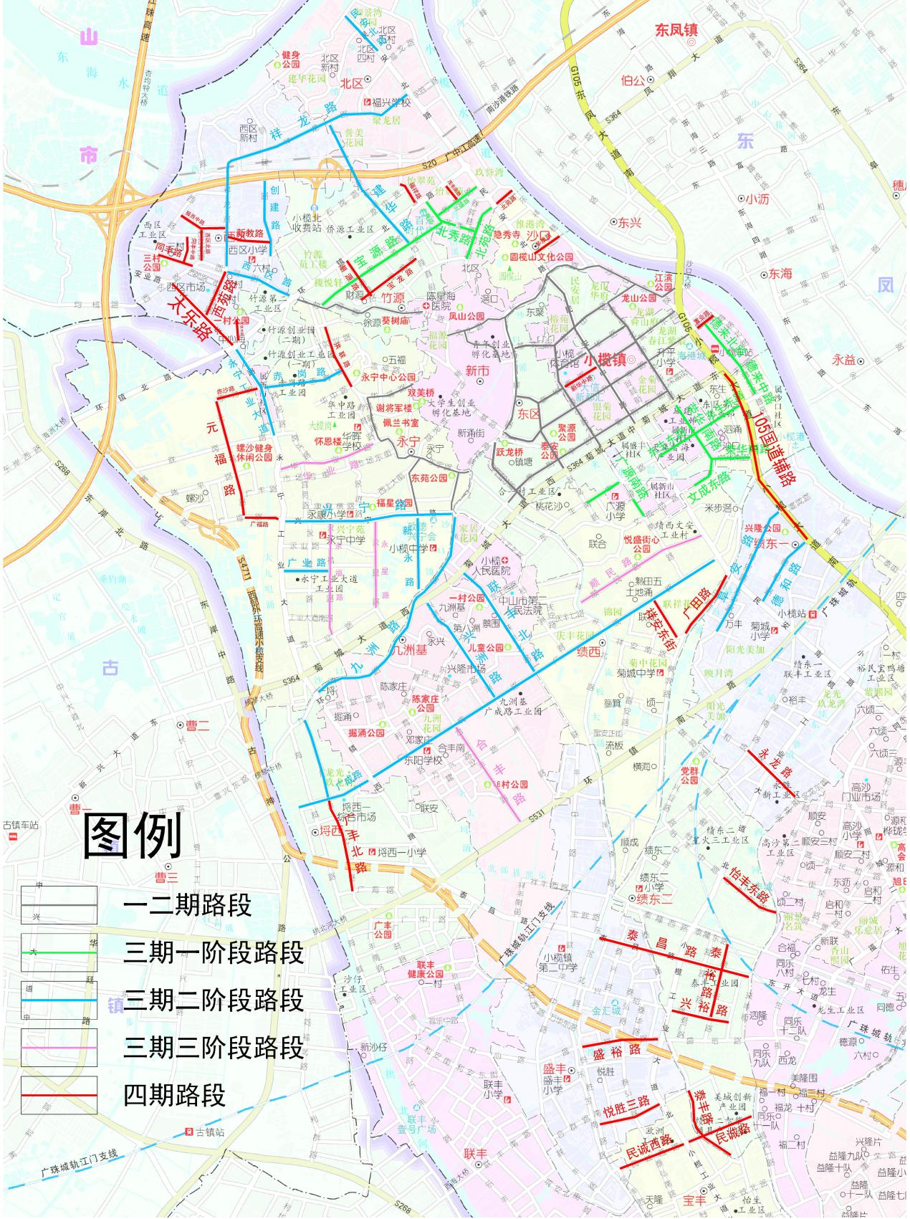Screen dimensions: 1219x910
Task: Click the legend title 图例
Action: [x=133, y=836]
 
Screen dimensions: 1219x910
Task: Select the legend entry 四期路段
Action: [x=174, y=1095]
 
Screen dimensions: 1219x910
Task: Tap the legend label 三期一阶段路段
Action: [x=214, y=952]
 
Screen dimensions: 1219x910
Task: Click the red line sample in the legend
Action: [x=59, y=1095]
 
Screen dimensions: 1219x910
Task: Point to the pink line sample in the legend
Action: [x=59, y=1048]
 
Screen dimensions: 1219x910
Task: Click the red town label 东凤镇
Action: [x=676, y=30]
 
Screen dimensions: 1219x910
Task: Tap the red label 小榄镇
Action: [x=605, y=360]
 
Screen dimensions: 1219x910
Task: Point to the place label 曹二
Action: [x=197, y=725]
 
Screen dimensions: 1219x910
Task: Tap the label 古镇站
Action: [x=210, y=1132]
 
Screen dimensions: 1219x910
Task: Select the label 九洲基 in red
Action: [x=408, y=650]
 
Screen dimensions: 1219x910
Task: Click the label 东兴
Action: [x=630, y=223]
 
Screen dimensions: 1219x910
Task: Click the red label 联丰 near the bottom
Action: [x=475, y=1154]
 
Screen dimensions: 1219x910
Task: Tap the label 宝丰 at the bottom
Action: [x=694, y=1200]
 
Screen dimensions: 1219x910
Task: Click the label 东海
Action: [x=780, y=274]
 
